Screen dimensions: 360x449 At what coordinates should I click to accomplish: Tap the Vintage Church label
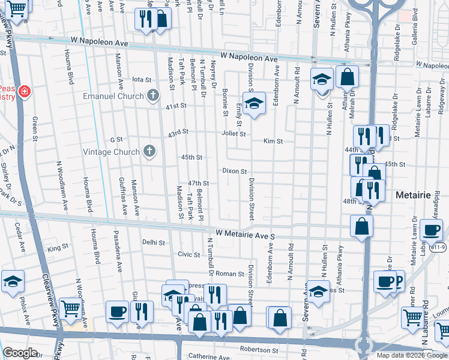109,152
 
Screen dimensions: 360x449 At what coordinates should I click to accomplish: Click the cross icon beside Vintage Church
148,151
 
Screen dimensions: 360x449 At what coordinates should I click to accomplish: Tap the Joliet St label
234,134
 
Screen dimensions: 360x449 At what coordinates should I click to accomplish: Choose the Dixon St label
235,171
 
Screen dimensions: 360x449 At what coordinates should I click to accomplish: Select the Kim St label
273,141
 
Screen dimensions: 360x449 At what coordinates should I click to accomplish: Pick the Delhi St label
154,242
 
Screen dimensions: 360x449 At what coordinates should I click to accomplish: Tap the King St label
58,248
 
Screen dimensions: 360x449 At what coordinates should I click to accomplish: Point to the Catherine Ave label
209,357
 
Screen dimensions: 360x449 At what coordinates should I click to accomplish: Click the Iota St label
142,79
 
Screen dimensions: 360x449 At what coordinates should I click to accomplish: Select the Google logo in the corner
20,353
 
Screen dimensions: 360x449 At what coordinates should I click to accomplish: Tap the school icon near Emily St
254,104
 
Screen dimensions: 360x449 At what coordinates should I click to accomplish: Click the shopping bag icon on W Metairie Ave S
362,227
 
